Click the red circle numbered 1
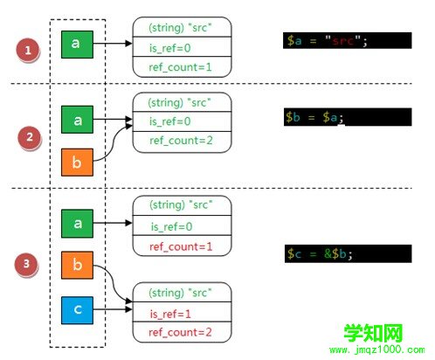[x=28, y=50]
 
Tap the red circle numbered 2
[x=30, y=137]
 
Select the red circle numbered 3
[x=26, y=264]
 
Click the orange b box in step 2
[x=77, y=163]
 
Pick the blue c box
[x=77, y=310]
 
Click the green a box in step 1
[x=77, y=45]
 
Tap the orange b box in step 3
[x=77, y=265]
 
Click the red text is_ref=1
[x=170, y=314]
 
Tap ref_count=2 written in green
[x=181, y=141]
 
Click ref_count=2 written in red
[x=180, y=332]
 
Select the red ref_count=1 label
[x=181, y=247]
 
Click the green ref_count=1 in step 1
[x=180, y=67]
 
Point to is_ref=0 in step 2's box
[x=170, y=121]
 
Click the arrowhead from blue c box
[x=128, y=309]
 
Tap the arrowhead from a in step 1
[x=128, y=44]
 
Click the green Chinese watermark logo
[x=373, y=333]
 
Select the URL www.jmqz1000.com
[x=377, y=350]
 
